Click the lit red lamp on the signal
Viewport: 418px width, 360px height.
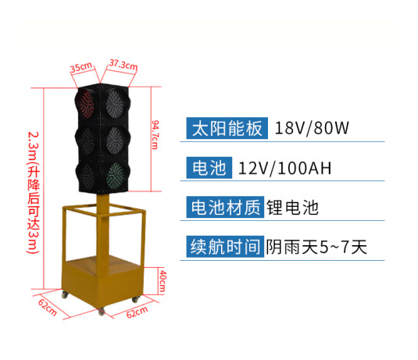coord(86,103)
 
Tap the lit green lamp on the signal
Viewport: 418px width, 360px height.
coord(116,176)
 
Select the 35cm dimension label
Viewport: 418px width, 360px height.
coord(81,67)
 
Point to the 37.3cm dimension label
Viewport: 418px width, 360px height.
coord(123,65)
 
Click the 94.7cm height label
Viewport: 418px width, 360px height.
coord(155,135)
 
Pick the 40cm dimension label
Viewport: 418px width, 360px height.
coord(163,281)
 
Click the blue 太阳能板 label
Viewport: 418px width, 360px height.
coord(227,128)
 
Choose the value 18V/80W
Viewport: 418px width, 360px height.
coord(312,128)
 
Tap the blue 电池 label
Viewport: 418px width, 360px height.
coord(209,168)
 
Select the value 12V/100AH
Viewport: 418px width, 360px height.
coord(285,168)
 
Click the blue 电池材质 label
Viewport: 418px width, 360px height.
coord(225,207)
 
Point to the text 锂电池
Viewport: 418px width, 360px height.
coord(292,207)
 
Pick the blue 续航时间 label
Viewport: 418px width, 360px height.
coord(225,247)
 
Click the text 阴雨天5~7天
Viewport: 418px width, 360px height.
coord(316,247)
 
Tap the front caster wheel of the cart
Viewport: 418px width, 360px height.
coord(102,312)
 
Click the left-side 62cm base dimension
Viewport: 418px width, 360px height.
coord(48,307)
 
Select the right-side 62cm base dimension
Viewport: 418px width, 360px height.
coord(137,312)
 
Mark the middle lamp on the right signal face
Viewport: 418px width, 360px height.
coord(116,140)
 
